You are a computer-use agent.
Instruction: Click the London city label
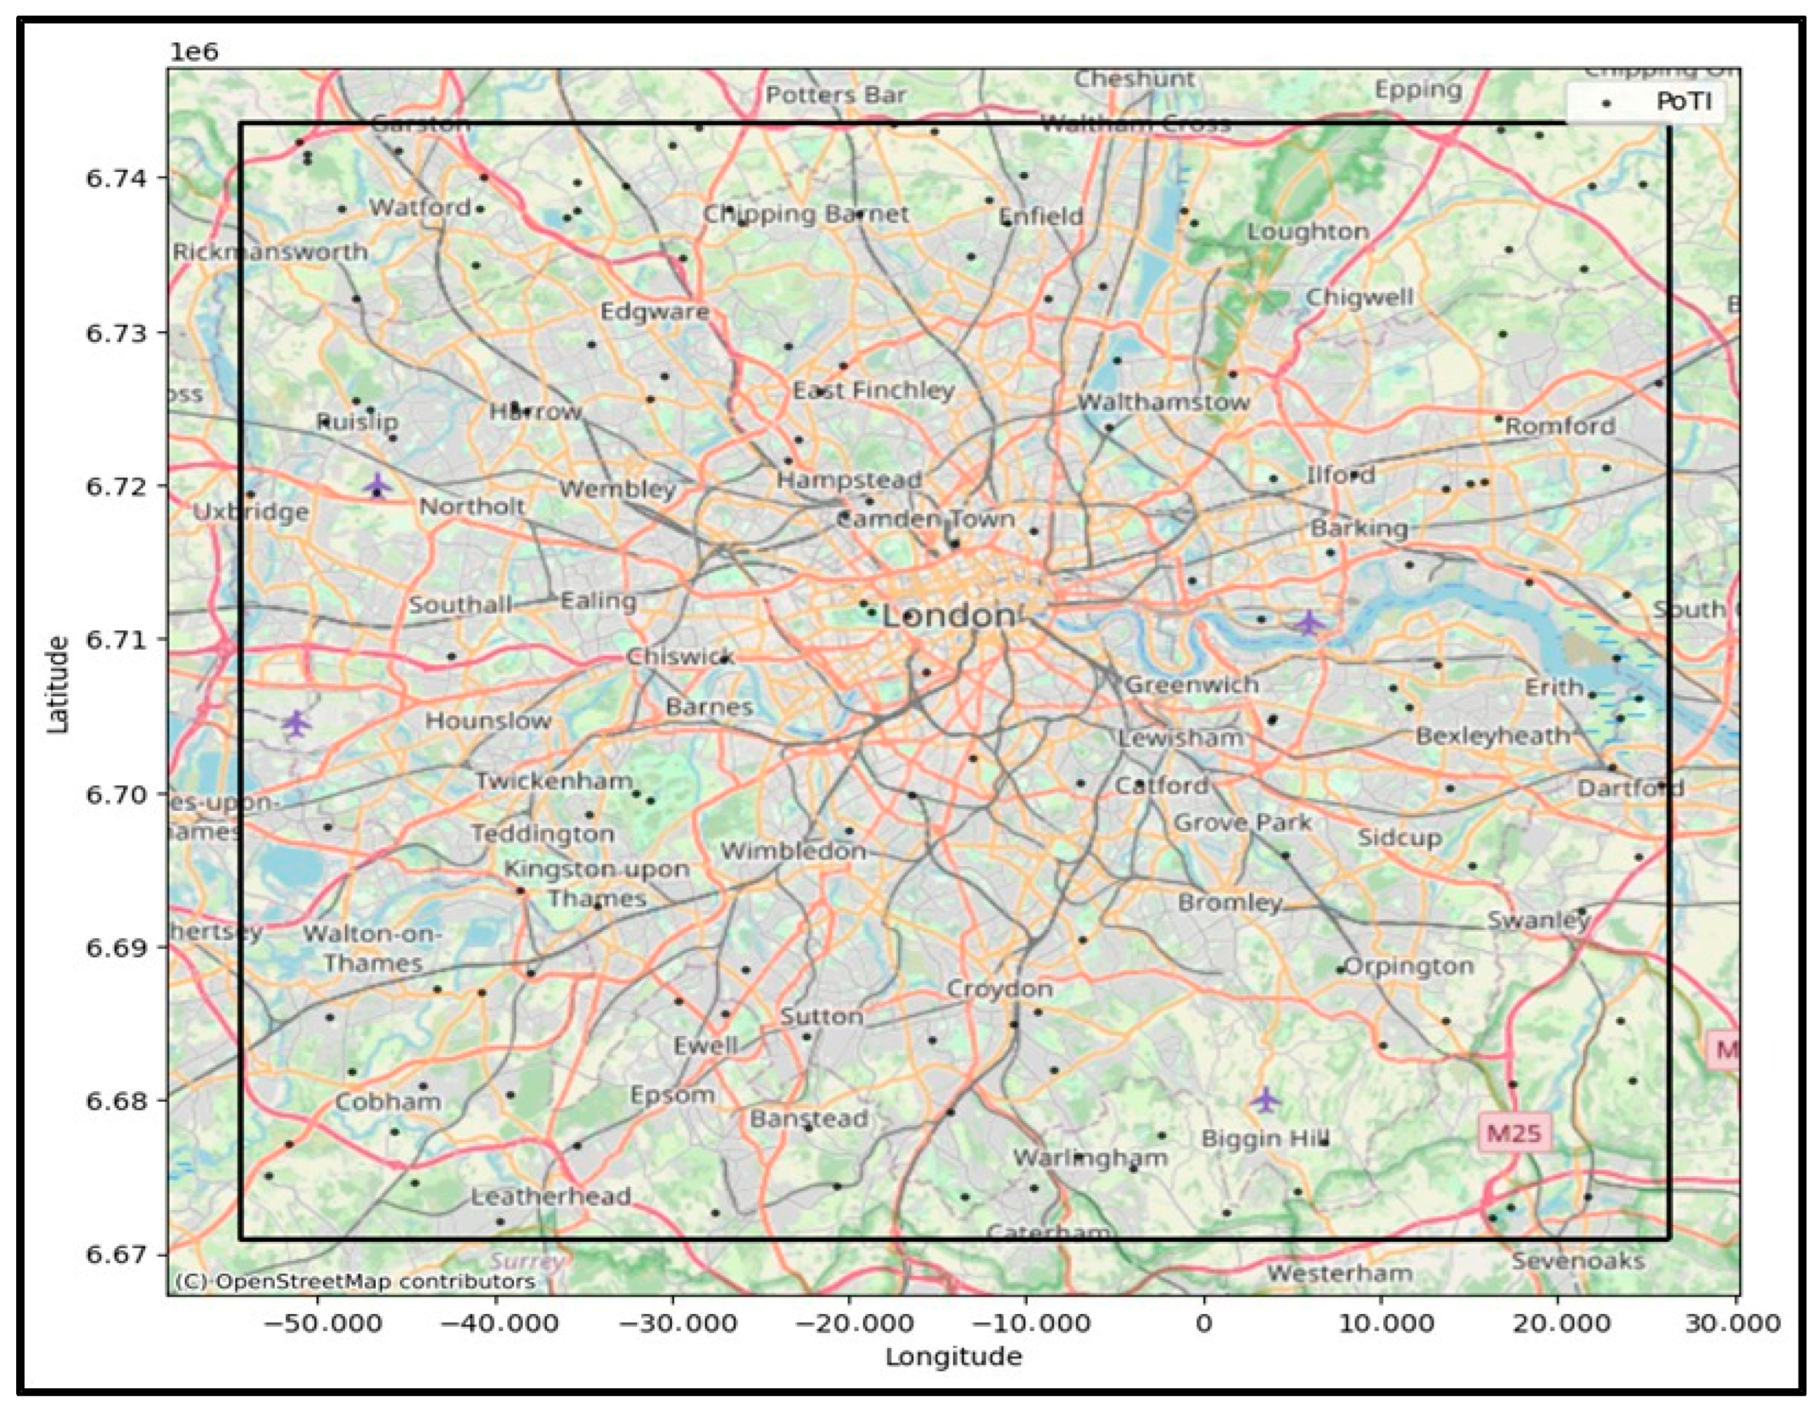tap(949, 617)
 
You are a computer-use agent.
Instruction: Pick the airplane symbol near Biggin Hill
tap(1265, 1100)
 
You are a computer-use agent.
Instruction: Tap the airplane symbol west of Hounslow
tap(296, 723)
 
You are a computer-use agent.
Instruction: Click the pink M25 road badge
tap(1514, 1133)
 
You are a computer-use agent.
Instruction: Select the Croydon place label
tap(1000, 989)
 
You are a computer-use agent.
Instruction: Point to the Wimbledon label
tap(793, 852)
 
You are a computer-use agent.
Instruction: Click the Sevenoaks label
tap(1577, 1261)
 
